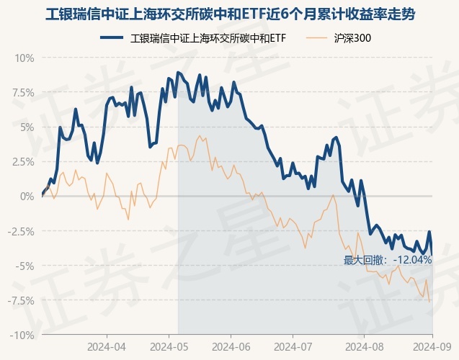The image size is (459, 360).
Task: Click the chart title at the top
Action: (x=229, y=14)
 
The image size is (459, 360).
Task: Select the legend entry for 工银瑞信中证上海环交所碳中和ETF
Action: (x=195, y=39)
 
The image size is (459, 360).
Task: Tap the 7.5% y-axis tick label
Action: (x=22, y=92)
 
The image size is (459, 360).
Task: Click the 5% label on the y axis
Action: (x=27, y=127)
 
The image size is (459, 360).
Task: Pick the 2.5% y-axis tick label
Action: (x=22, y=161)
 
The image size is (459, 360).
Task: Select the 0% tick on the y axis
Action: (x=27, y=196)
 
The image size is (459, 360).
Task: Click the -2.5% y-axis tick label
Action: (x=20, y=231)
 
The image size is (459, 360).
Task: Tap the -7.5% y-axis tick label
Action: (x=20, y=300)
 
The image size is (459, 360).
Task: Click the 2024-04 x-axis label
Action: (x=107, y=347)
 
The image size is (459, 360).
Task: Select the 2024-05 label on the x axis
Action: (x=169, y=347)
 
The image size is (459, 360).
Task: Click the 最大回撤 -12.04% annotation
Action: (x=387, y=259)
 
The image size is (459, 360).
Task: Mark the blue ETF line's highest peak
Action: (x=177, y=73)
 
